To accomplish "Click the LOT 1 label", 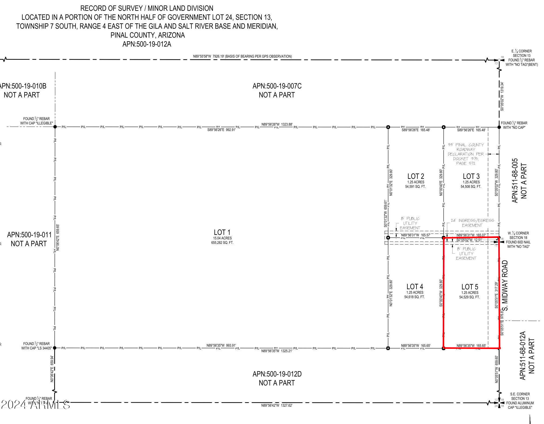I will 222,232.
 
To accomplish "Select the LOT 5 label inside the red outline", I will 470,287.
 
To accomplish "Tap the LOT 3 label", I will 471,176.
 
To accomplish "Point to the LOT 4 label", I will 415,287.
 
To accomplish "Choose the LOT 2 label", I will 416,176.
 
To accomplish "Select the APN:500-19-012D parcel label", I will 277,374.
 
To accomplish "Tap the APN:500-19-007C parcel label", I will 277,86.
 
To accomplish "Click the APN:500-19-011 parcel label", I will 29,235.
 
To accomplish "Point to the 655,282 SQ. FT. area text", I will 222,243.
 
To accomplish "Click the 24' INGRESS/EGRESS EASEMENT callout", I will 472,223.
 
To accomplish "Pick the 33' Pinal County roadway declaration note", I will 466,154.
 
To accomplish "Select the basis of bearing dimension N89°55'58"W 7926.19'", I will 242,56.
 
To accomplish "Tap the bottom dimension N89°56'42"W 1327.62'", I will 277,405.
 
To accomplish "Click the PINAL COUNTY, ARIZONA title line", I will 147,35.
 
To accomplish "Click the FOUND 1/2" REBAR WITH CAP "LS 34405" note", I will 36,346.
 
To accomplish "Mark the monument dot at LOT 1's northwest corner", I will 55,127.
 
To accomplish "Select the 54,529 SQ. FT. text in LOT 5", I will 469,297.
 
